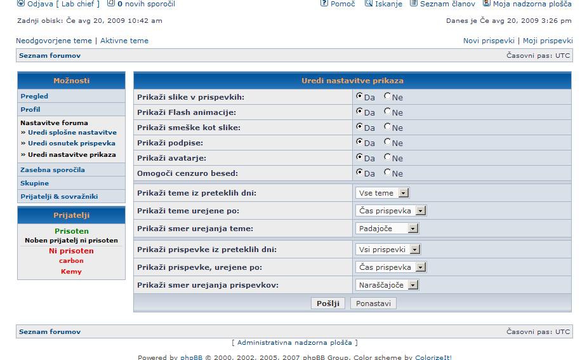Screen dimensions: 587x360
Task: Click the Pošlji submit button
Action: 329,303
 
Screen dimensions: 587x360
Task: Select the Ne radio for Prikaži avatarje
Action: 387,157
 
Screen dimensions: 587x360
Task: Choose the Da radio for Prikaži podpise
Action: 359,142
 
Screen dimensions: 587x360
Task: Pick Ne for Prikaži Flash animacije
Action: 387,111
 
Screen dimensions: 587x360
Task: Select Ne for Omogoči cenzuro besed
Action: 387,172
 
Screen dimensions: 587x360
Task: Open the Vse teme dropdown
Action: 382,193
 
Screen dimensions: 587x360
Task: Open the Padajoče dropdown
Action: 387,229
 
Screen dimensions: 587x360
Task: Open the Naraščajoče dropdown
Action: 387,285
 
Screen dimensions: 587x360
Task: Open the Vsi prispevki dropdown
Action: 388,250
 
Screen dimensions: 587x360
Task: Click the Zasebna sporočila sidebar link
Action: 53,170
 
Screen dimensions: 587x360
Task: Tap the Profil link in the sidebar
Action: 30,110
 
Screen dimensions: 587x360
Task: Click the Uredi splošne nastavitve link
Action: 72,133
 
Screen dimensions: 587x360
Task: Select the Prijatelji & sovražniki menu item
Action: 59,197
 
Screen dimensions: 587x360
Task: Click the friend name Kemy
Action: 71,272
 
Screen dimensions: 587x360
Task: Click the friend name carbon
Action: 71,261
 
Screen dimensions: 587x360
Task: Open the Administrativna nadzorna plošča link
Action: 294,343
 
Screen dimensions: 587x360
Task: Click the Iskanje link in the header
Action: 388,4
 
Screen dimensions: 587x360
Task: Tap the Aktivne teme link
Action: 124,41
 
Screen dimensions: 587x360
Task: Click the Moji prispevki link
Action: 548,41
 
